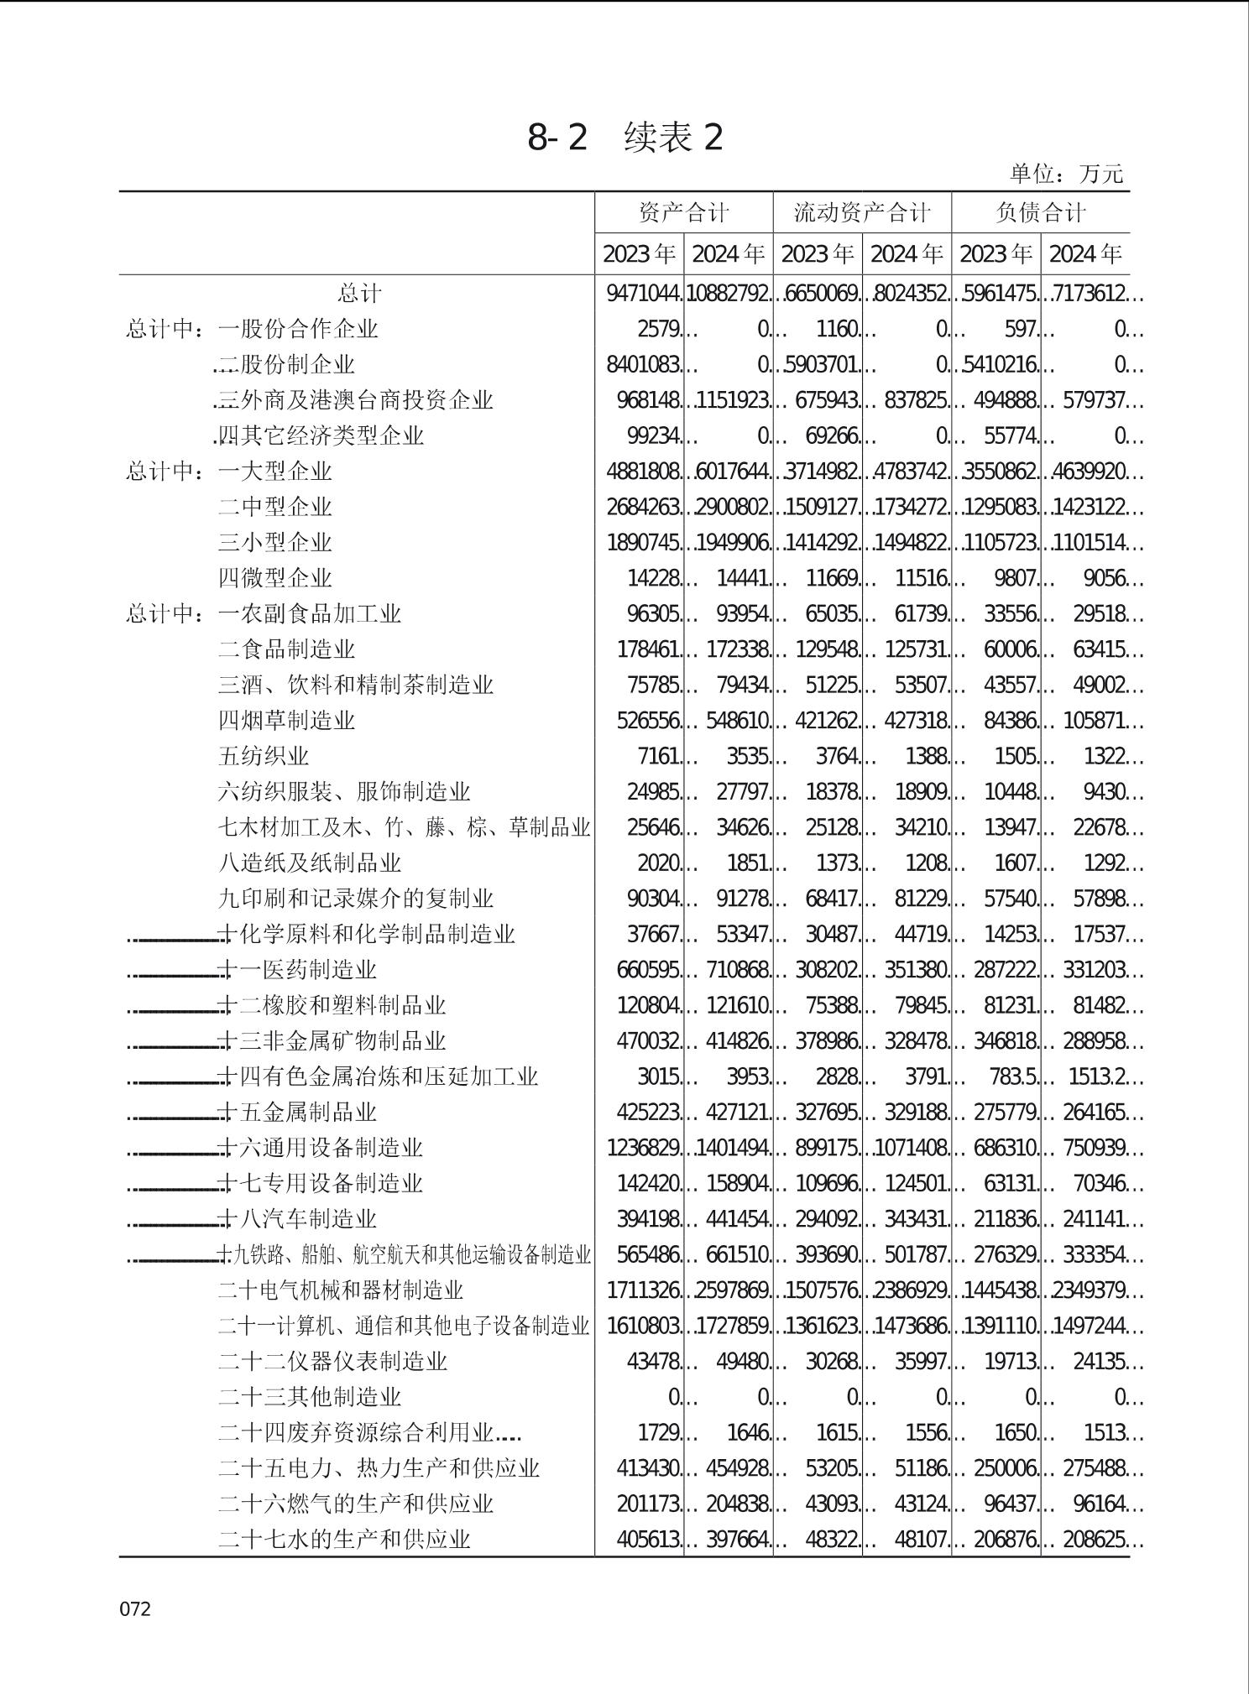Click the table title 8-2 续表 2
click(x=624, y=138)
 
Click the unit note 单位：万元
click(x=1065, y=174)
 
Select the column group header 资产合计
click(x=683, y=212)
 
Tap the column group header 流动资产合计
click(x=862, y=212)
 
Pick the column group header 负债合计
click(x=1040, y=212)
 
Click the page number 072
click(x=135, y=1608)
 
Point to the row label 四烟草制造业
click(x=286, y=721)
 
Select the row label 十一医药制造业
click(x=297, y=970)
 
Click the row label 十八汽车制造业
click(x=297, y=1219)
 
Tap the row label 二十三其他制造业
click(x=310, y=1397)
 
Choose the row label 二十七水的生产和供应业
click(x=344, y=1540)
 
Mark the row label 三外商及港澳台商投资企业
click(x=355, y=400)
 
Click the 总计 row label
click(x=359, y=294)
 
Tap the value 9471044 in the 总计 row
click(x=643, y=294)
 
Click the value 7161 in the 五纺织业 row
click(x=658, y=757)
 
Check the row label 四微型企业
click(x=275, y=578)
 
